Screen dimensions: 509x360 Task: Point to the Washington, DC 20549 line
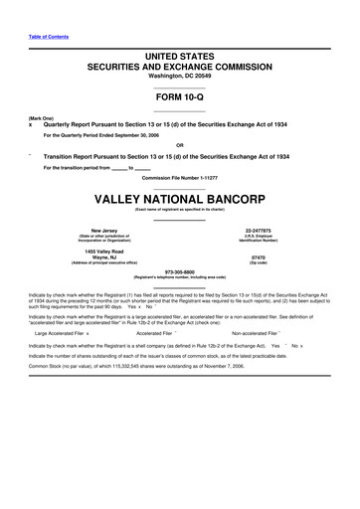180,47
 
